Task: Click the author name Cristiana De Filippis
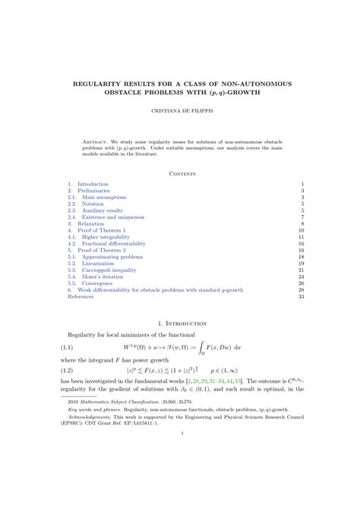tap(179, 110)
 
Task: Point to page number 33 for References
tap(301, 297)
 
